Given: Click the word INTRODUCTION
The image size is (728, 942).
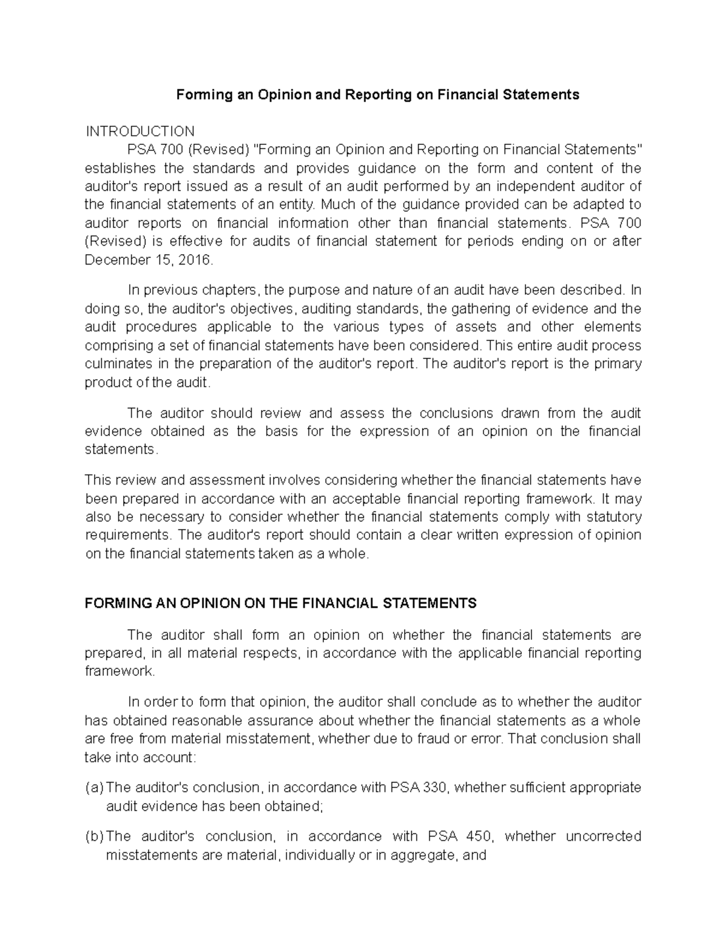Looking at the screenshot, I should point(140,132).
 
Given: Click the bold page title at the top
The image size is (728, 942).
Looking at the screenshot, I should point(377,95).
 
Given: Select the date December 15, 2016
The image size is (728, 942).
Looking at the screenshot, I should point(149,260).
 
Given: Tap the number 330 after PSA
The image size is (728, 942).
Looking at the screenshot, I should point(436,787).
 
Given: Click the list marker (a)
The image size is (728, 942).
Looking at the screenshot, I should point(94,787).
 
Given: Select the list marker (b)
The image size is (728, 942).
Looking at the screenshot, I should point(94,836).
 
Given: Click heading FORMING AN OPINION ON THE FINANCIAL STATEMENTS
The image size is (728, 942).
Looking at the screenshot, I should point(281,604).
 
